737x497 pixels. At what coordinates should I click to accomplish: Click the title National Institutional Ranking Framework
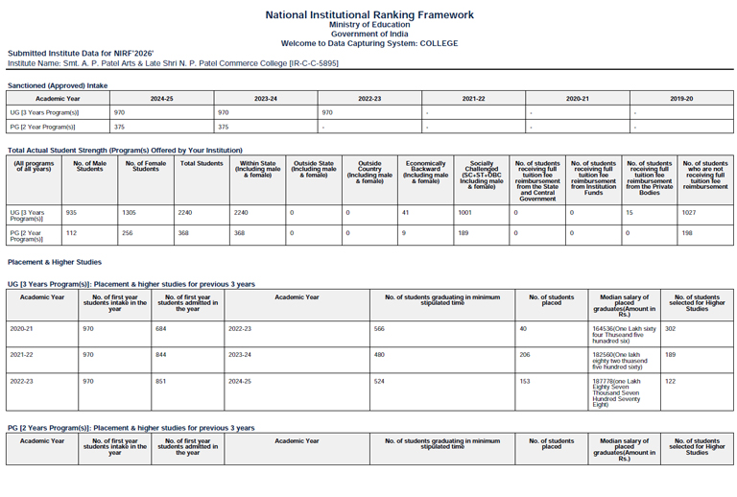click(369, 14)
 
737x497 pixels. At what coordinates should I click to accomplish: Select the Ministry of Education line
click(369, 25)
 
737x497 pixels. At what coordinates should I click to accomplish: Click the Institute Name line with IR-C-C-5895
click(173, 63)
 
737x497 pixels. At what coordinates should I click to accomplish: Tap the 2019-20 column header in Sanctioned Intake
click(681, 99)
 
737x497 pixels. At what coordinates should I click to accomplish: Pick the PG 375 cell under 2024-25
click(120, 126)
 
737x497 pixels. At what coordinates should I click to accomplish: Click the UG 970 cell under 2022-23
click(327, 112)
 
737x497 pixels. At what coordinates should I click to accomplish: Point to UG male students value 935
click(71, 212)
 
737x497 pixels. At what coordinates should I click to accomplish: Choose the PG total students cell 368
click(182, 232)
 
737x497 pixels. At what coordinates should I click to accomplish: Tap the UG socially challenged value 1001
click(465, 212)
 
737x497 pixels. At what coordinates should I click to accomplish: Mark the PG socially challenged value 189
click(464, 232)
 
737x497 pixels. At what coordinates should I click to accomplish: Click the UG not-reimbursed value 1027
click(690, 212)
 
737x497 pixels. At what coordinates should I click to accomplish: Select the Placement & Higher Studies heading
click(55, 262)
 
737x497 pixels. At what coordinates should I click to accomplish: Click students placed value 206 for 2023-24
click(525, 354)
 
